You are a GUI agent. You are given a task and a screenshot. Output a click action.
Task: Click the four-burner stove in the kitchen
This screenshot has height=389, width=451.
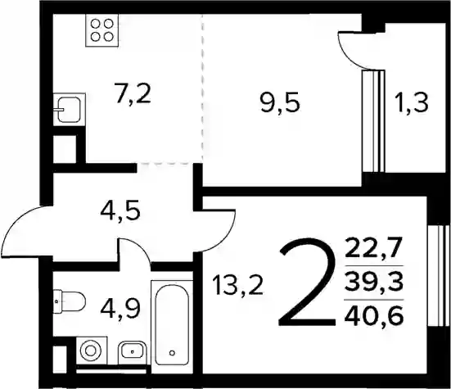tap(102, 30)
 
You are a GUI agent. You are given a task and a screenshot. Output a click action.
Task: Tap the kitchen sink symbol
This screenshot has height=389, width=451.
tap(69, 110)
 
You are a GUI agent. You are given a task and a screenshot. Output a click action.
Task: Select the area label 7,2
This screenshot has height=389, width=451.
tap(133, 93)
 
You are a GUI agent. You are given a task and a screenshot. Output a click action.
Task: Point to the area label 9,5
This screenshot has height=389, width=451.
tap(280, 103)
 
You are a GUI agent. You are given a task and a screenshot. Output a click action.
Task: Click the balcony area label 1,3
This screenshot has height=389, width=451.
tap(413, 102)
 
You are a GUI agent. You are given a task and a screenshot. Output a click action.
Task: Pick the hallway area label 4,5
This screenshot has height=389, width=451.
tap(120, 211)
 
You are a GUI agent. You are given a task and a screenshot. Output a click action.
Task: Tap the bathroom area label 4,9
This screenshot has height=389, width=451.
tap(120, 307)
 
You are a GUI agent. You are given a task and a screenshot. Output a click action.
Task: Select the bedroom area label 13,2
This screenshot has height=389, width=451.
tap(237, 284)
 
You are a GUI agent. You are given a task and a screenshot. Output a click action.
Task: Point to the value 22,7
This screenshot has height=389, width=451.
tap(373, 247)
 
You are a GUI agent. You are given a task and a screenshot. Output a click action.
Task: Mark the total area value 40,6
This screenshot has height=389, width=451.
tap(374, 314)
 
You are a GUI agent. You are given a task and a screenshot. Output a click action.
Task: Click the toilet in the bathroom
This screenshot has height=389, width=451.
tap(70, 301)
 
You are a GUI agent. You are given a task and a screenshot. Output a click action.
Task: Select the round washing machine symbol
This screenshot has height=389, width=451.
tap(91, 351)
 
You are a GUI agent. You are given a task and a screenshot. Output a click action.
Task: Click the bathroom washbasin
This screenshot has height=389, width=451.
tap(132, 351)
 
